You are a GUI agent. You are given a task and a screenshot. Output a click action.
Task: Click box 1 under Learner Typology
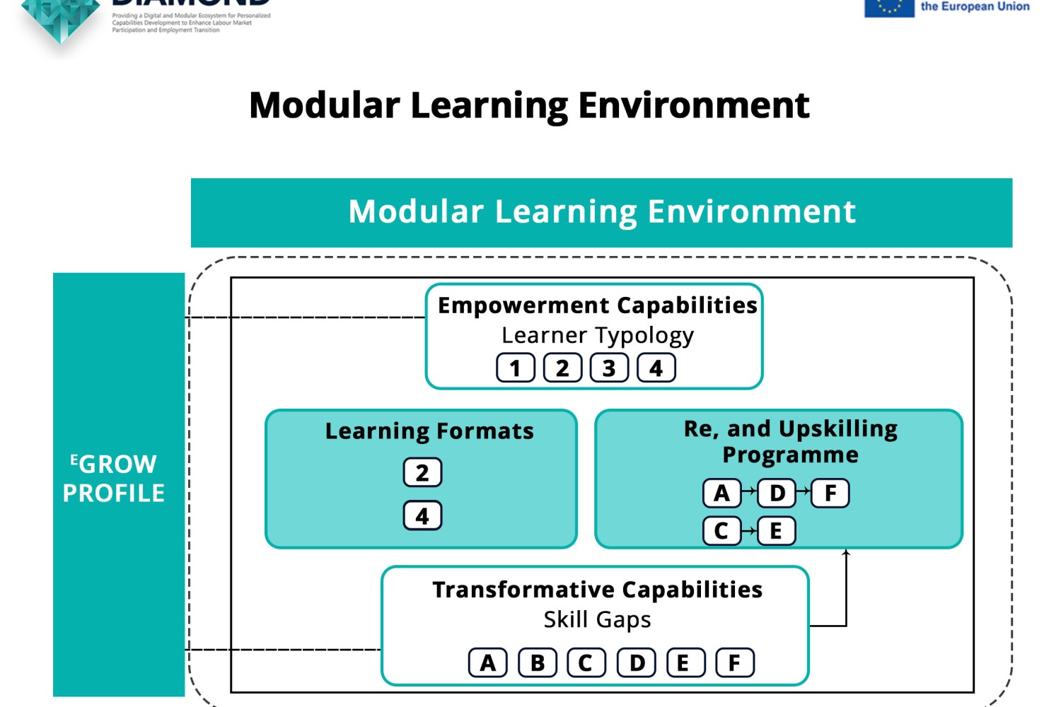click(x=515, y=368)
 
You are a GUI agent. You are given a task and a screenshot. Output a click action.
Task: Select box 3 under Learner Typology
click(x=609, y=368)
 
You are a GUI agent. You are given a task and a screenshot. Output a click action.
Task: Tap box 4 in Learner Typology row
click(x=656, y=368)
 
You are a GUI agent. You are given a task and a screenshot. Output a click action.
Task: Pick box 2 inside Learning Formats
click(x=422, y=472)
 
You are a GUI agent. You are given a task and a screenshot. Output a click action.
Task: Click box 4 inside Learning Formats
click(x=422, y=516)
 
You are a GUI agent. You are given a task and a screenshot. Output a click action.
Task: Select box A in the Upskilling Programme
click(x=721, y=493)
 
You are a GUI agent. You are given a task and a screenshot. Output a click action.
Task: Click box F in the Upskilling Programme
click(x=830, y=493)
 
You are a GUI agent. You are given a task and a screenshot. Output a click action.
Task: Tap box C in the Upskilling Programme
click(x=721, y=531)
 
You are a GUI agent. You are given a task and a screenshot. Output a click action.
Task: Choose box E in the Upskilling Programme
click(x=776, y=531)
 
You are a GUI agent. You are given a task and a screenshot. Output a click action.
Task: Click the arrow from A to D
click(x=749, y=491)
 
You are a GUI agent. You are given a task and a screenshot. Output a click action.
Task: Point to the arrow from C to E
click(x=749, y=531)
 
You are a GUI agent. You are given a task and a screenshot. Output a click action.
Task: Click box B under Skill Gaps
click(x=538, y=663)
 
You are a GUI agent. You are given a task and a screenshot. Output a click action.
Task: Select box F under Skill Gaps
click(x=735, y=663)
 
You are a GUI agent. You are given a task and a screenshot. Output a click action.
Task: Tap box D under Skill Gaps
click(x=637, y=663)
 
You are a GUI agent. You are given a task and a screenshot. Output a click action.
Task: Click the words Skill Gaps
click(x=597, y=619)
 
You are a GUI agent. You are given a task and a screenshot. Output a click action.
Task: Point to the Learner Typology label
click(x=598, y=335)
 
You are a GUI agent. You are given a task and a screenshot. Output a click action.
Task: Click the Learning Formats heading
click(x=429, y=431)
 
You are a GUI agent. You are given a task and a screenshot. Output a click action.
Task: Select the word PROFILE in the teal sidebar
click(x=114, y=493)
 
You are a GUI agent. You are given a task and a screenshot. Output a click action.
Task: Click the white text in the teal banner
click(x=602, y=212)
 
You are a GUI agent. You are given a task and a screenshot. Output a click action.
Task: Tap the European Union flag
click(x=889, y=7)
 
